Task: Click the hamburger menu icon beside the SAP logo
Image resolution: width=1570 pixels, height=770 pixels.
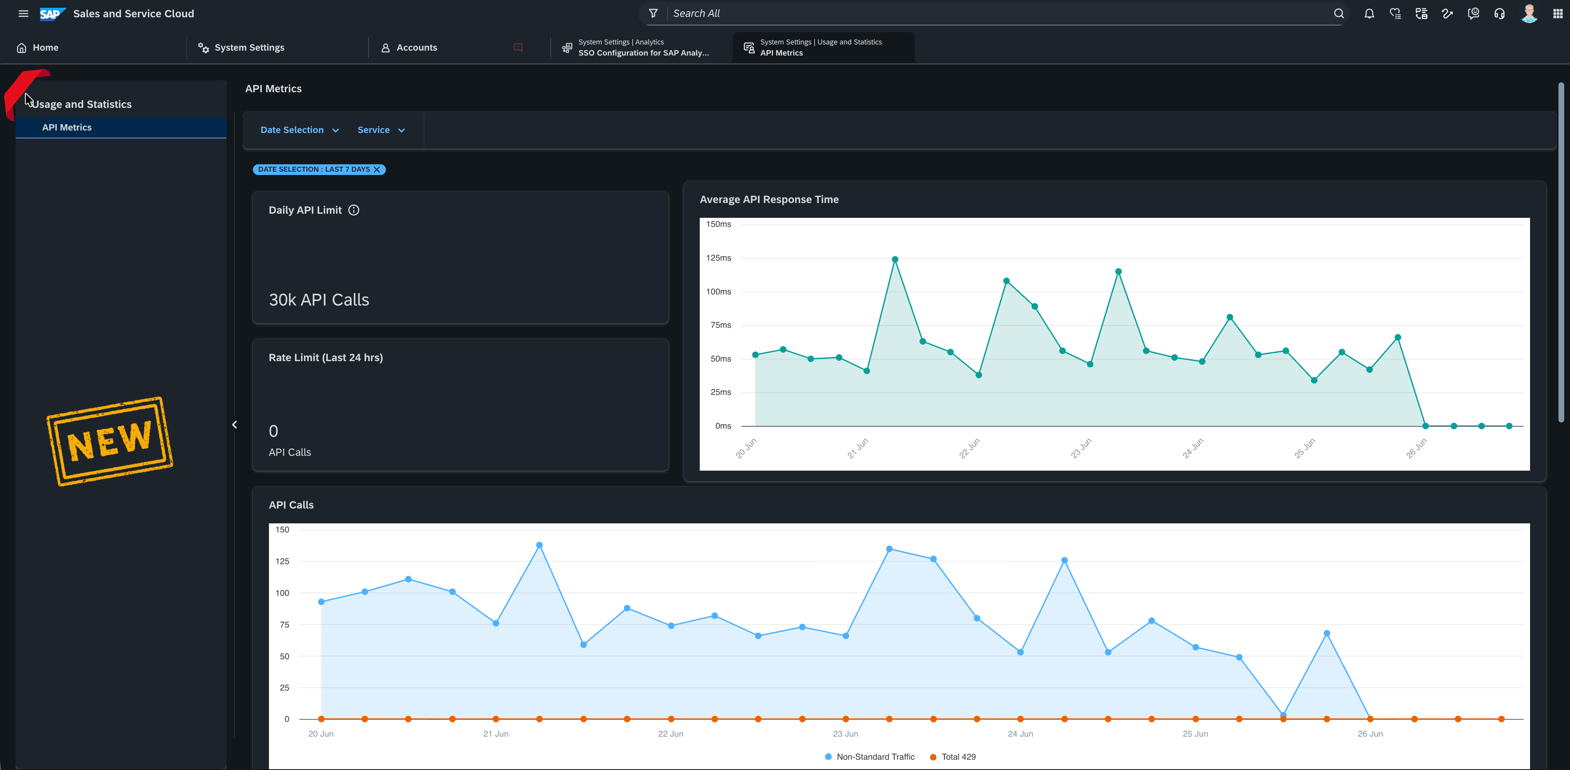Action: (x=23, y=14)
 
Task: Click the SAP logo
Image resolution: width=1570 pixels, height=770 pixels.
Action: (x=52, y=14)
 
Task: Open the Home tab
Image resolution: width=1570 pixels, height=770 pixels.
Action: (x=38, y=47)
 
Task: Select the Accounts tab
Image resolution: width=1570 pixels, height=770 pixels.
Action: (x=409, y=47)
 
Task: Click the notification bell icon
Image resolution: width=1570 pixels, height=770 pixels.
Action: (x=1369, y=14)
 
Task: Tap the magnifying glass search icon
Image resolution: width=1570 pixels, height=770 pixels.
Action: (x=1339, y=14)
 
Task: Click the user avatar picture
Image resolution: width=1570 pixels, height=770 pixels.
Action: (x=1529, y=14)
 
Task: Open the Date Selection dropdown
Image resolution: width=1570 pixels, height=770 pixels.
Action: (x=300, y=130)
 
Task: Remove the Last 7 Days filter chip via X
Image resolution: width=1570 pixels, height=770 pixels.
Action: (x=377, y=169)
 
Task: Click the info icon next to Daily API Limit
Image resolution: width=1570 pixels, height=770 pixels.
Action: (x=353, y=210)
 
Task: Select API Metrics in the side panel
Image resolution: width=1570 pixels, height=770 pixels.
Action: (x=67, y=127)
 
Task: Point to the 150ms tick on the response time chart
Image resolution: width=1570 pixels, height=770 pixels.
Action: (x=719, y=224)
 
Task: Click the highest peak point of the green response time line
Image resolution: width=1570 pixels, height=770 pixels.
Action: (x=895, y=259)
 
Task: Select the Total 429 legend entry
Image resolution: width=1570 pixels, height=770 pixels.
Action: (x=953, y=756)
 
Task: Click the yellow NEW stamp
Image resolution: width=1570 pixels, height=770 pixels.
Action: (x=110, y=441)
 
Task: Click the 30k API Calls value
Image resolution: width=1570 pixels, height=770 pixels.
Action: (x=319, y=300)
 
